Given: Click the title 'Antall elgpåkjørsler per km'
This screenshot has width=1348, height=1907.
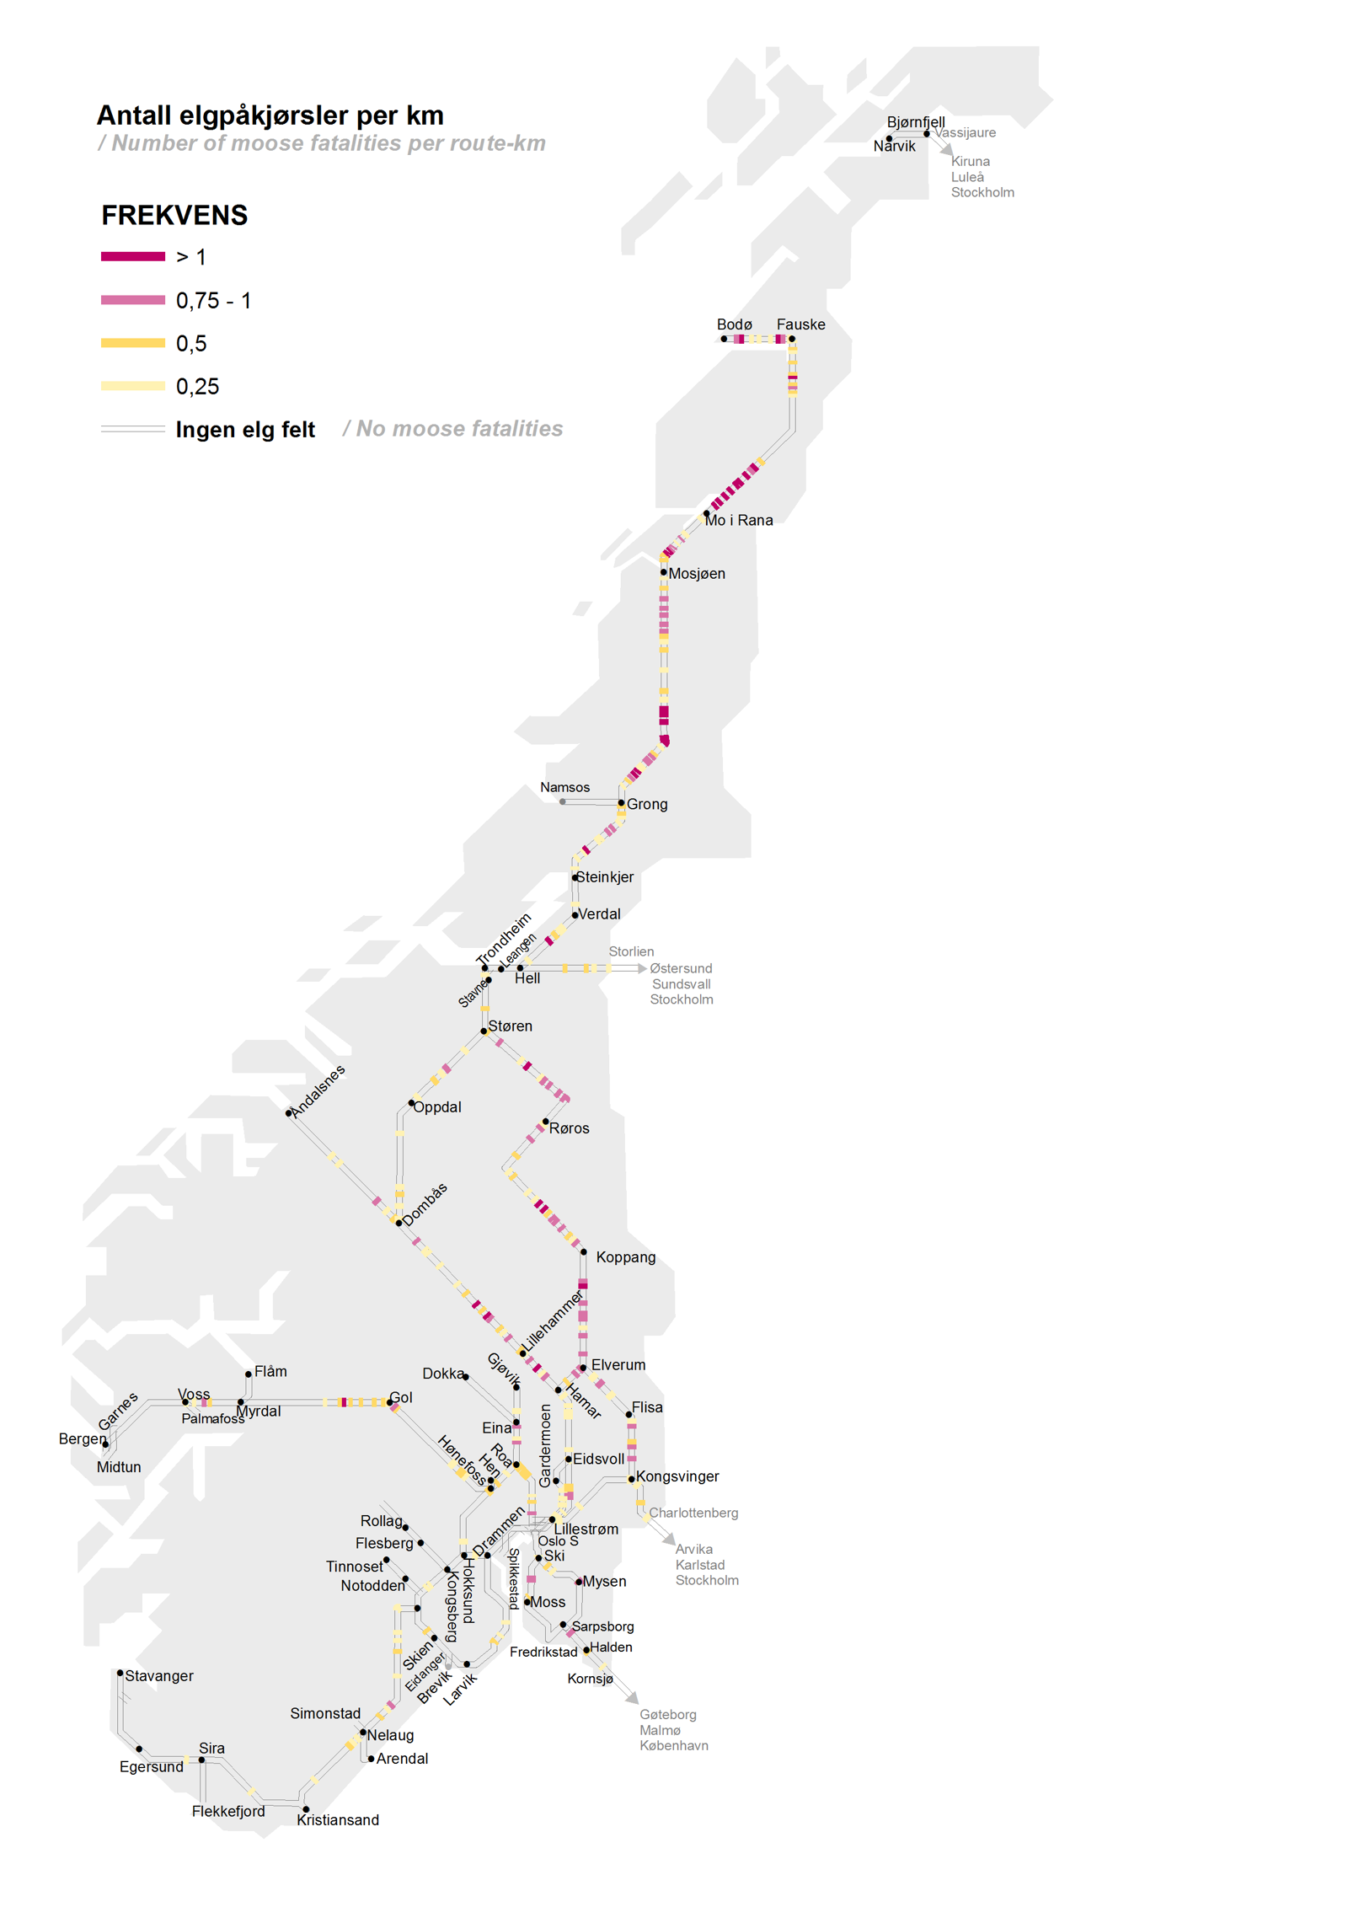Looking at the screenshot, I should coord(270,115).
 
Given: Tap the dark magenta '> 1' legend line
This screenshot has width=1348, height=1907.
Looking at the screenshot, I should coord(132,256).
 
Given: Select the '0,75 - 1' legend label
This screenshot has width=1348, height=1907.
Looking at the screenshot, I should coord(213,301).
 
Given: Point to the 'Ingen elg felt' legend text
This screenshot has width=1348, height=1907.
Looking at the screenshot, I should coord(244,430).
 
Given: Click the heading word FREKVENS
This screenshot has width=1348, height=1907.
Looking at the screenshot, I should coord(174,216).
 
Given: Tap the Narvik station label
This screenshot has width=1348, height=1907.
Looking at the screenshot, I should coord(894,147).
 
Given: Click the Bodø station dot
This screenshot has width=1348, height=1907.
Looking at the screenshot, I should coord(724,339).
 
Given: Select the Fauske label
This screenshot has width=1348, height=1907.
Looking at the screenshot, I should coord(800,324).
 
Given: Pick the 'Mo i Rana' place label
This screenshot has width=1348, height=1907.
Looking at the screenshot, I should coord(739,521).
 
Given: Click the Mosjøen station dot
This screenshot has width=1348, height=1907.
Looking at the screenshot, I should coord(664,572).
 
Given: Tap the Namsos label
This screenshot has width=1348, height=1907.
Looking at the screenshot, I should coord(564,787).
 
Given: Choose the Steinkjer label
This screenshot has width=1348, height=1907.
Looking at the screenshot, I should coord(605,877).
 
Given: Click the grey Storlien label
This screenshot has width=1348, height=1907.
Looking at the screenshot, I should coord(631,951).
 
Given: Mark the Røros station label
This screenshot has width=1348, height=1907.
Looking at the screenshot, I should coord(570,1128).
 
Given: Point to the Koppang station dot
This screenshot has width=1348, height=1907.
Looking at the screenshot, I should coord(583,1251).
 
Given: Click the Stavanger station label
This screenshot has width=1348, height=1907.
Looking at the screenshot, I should coord(159,1676).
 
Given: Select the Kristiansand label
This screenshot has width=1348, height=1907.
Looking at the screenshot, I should coord(338,1820).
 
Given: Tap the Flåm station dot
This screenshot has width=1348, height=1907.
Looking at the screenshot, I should coord(249,1374).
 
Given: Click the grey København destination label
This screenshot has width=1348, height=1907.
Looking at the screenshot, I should coord(673,1745).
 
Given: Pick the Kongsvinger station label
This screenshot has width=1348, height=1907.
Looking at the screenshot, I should coord(677,1476).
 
